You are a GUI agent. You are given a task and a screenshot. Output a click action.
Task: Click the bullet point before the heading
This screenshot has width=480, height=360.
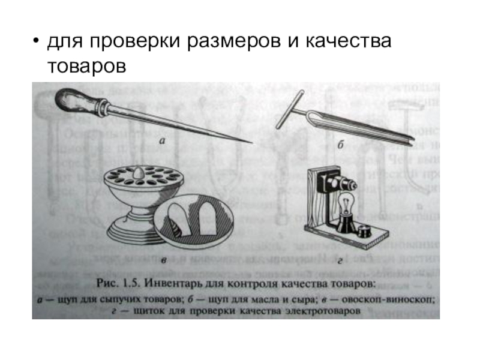37,43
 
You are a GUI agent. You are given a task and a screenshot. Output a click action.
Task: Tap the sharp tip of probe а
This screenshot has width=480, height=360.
250,142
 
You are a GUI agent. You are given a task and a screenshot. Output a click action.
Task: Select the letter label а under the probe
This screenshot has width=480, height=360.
162,142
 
